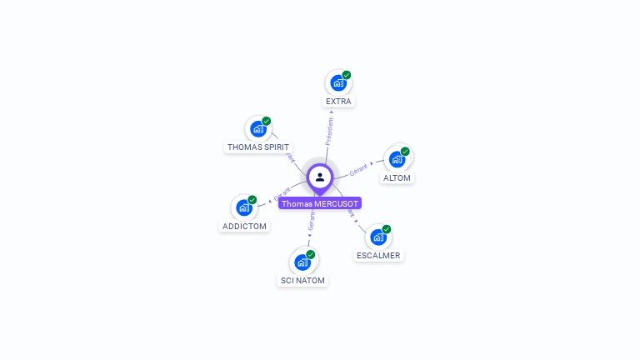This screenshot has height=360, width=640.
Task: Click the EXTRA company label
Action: (x=338, y=102)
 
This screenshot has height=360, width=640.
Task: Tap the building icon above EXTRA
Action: (x=337, y=83)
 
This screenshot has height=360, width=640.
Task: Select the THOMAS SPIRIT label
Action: (x=258, y=147)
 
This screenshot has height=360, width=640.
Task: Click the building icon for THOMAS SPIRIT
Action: (x=257, y=129)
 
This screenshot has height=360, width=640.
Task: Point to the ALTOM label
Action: (x=397, y=178)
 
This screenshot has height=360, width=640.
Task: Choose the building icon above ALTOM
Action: (x=396, y=159)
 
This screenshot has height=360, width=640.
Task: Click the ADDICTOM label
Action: (x=244, y=227)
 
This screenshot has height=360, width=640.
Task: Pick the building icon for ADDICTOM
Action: (x=243, y=207)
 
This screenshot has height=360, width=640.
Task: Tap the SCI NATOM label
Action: (x=302, y=281)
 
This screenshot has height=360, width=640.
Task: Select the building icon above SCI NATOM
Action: (x=302, y=262)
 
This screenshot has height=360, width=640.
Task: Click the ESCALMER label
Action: (x=378, y=256)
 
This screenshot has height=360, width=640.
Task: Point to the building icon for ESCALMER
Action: (x=377, y=237)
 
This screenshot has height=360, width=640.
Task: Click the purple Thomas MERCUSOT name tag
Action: (x=320, y=203)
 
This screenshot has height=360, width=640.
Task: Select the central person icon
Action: (x=320, y=177)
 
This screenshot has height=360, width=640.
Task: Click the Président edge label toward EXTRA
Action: (x=329, y=132)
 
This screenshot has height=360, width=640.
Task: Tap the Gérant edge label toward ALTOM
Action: (x=358, y=169)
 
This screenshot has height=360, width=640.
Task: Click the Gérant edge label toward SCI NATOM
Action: (x=311, y=220)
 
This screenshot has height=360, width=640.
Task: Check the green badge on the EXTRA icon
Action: (x=347, y=75)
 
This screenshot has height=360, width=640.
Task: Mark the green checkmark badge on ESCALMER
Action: (x=387, y=229)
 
